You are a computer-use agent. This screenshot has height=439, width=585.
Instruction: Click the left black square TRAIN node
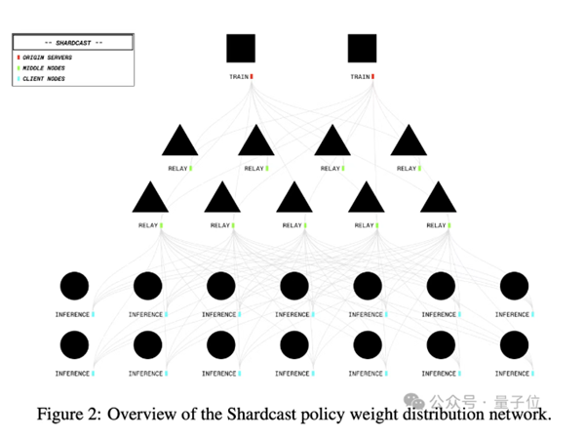pos(241,49)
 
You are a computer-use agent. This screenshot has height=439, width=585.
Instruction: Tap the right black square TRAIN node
pos(362,49)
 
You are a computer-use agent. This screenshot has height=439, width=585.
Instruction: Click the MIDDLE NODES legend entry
pos(45,67)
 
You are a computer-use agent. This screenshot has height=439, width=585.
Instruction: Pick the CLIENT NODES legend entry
pos(45,78)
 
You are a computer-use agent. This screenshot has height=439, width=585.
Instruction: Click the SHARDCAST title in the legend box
pos(72,43)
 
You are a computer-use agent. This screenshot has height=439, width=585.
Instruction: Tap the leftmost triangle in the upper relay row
pos(179,141)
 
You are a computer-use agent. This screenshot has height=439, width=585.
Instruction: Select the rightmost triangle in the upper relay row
pos(409,141)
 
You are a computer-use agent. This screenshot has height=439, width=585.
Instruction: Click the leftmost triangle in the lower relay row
pos(150,199)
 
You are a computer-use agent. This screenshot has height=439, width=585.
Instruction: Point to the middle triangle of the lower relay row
pos(293,199)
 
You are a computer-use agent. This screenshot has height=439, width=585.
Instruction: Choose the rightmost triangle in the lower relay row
pos(438,199)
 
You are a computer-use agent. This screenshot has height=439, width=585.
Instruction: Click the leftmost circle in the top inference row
pos(75,286)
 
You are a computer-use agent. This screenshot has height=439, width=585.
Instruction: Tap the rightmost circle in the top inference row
pos(513,286)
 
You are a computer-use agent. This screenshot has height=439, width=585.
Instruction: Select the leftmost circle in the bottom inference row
pos(75,344)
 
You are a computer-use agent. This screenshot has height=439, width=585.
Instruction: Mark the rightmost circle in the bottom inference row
pos(513,344)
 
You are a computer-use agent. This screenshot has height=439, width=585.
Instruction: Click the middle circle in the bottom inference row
pos(293,344)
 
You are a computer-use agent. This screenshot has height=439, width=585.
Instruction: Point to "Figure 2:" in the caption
pos(68,414)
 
